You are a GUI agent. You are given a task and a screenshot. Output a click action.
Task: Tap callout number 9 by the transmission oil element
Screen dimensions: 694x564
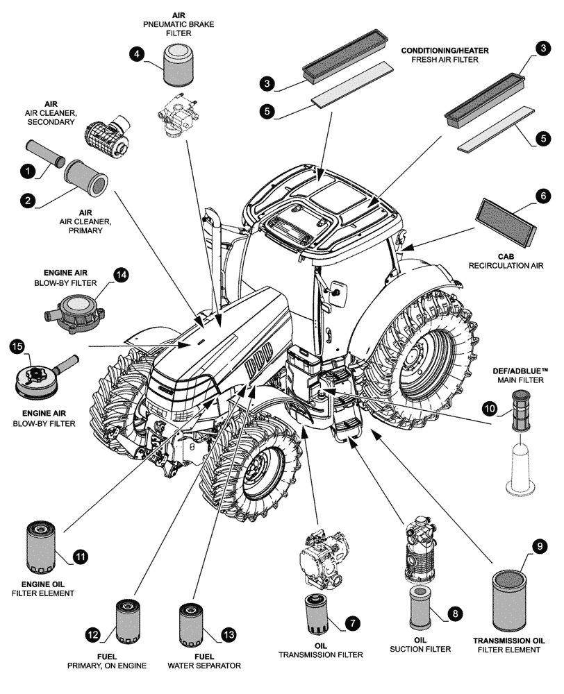coord(538,547)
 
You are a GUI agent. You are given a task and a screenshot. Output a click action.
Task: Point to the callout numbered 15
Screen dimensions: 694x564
coord(17,346)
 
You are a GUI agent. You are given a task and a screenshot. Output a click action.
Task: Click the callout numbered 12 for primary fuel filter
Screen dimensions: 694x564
coord(93,634)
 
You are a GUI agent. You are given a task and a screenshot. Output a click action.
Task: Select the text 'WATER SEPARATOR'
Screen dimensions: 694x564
coord(204,666)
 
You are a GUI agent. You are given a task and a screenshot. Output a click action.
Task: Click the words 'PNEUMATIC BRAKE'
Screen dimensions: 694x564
coord(179,24)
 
